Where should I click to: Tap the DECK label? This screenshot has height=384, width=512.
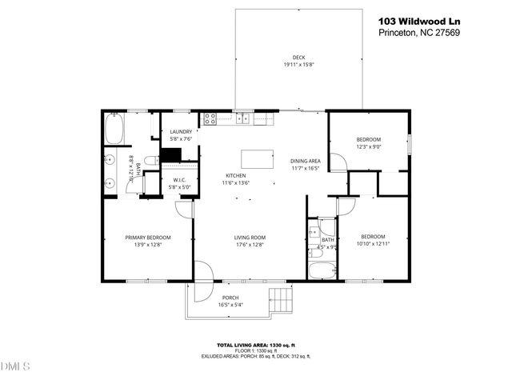point(298,58)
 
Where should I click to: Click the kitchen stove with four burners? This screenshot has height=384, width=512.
point(210,119)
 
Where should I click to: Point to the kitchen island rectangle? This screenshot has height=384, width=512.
point(258,155)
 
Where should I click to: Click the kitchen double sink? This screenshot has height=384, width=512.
point(244,120)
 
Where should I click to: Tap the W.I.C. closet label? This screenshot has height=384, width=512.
point(179,179)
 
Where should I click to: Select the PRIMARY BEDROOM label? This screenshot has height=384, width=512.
point(144,236)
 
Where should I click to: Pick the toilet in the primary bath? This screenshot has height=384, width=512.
point(150,161)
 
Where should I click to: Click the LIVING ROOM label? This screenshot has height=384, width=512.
point(250,237)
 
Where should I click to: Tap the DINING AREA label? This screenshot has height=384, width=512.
point(305,161)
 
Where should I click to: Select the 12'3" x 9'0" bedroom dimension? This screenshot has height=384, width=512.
point(369,146)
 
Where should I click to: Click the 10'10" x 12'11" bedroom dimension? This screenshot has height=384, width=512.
point(373,244)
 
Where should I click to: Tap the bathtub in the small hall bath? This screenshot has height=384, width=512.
point(322,272)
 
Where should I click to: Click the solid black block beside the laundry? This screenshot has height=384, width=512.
point(170,156)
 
